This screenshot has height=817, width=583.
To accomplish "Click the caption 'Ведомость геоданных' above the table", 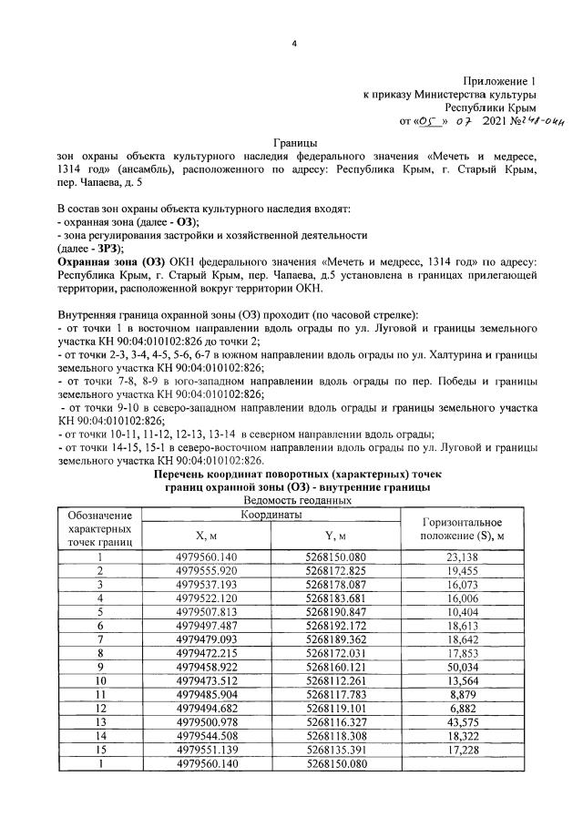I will [x=292, y=501].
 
